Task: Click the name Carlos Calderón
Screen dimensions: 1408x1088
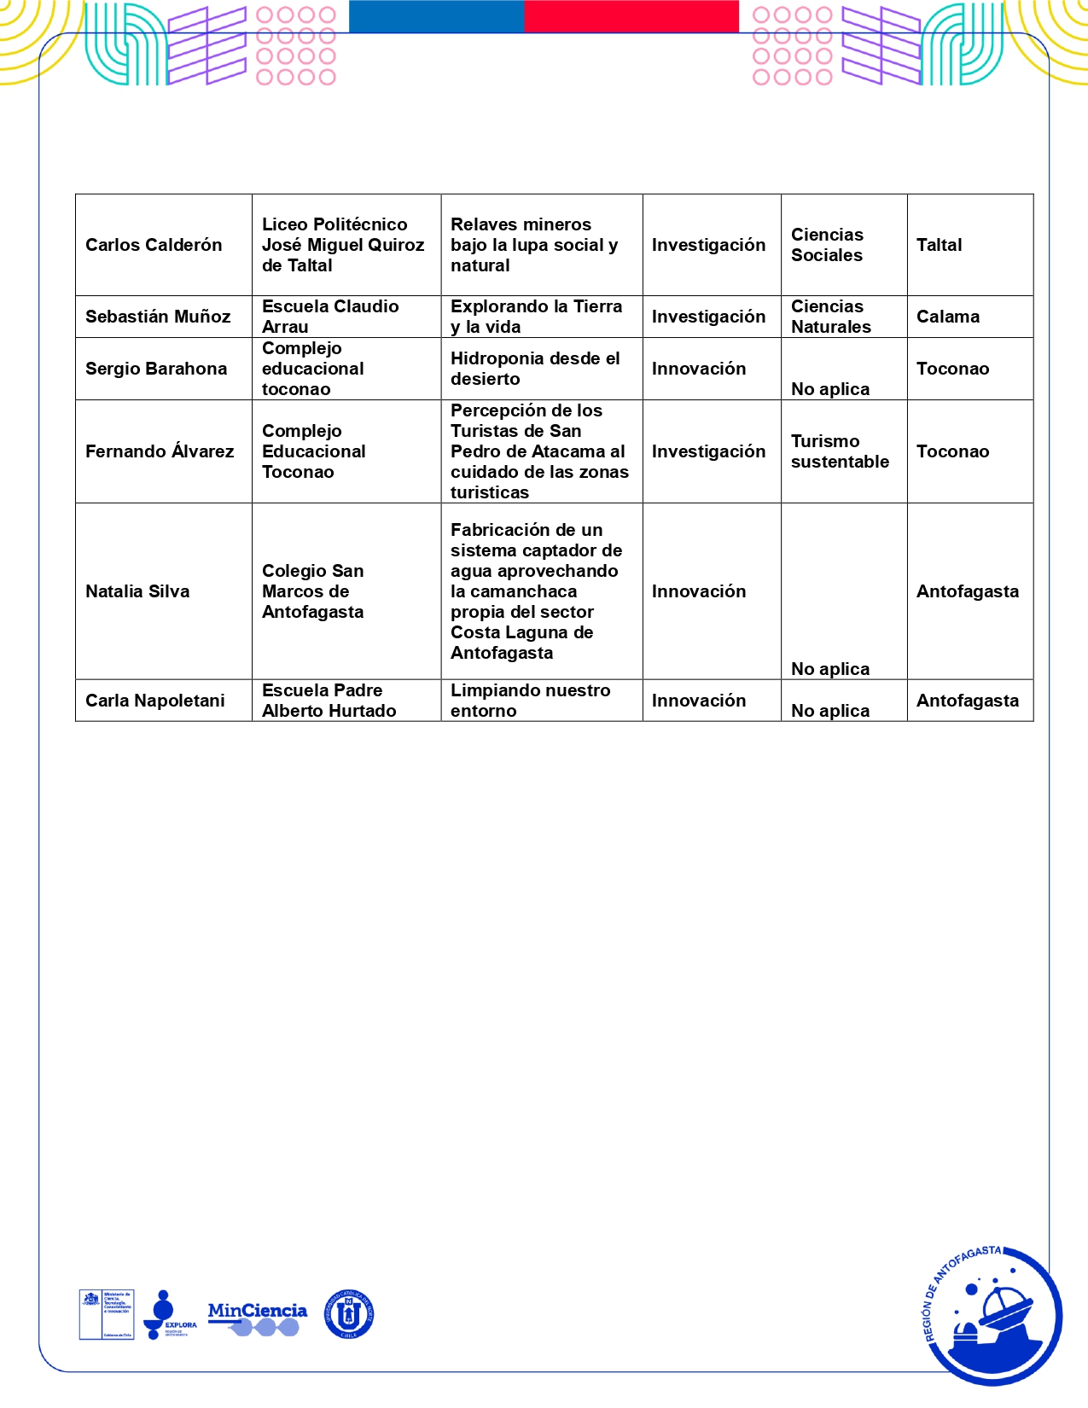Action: click(x=154, y=245)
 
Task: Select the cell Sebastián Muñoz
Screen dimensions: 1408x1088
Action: click(x=158, y=317)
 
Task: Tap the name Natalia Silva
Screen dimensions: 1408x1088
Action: click(x=137, y=591)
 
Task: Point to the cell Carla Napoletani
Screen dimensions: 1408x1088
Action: click(x=155, y=701)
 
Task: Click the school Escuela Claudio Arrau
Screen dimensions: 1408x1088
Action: click(x=330, y=317)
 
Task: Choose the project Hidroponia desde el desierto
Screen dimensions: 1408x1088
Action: click(x=535, y=369)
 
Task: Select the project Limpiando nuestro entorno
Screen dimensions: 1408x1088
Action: click(x=530, y=701)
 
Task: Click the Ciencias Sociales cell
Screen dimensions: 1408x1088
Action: click(x=827, y=245)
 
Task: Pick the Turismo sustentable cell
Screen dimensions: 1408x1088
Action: click(x=840, y=451)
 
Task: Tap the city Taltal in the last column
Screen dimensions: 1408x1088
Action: click(x=939, y=245)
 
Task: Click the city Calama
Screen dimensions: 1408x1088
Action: click(x=947, y=317)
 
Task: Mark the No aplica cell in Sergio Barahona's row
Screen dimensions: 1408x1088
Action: click(x=830, y=389)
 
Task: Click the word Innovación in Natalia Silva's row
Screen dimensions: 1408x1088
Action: click(x=699, y=591)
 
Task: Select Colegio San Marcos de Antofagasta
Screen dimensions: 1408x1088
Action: click(x=313, y=591)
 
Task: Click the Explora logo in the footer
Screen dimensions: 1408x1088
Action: click(x=169, y=1315)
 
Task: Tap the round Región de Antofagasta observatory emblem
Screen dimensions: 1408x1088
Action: click(x=993, y=1314)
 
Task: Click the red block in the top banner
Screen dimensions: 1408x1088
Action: click(x=631, y=16)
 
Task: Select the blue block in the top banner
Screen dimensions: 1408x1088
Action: click(x=437, y=16)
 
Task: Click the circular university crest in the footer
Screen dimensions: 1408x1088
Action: click(x=349, y=1314)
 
